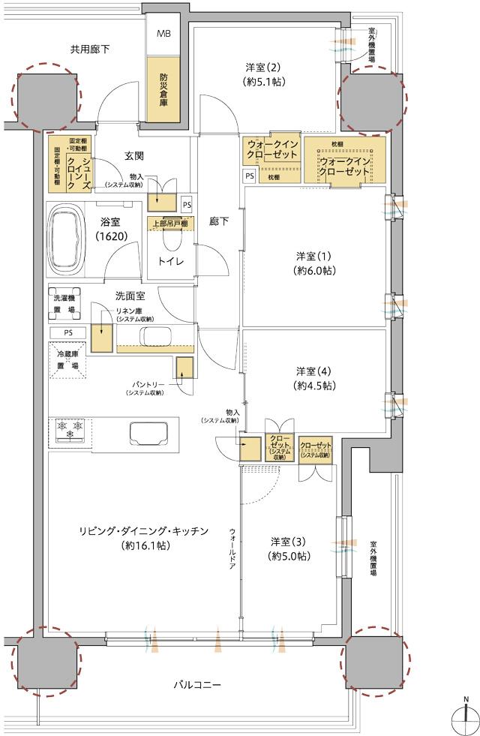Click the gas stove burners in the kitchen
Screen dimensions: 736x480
tap(69, 429)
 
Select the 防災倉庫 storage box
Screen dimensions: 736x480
tap(163, 87)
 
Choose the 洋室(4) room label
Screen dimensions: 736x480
tap(314, 378)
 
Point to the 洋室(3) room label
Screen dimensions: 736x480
tap(290, 548)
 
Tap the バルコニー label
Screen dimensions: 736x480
tap(196, 685)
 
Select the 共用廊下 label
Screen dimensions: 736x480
tap(90, 50)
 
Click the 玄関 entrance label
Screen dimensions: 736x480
tap(134, 156)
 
